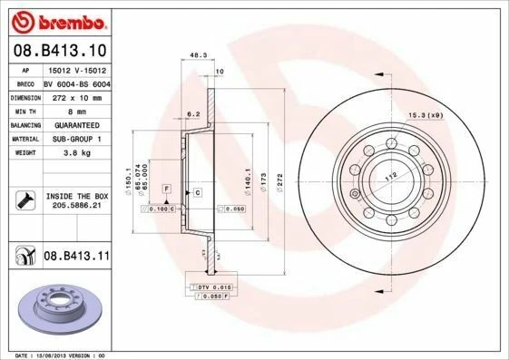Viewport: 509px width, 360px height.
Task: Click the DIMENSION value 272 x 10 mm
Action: [76, 95]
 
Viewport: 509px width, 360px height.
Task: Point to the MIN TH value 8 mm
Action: [76, 109]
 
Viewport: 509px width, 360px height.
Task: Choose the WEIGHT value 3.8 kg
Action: [76, 154]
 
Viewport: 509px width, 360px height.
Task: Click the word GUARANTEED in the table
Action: [76, 124]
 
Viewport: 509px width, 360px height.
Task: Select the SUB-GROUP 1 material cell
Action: [76, 139]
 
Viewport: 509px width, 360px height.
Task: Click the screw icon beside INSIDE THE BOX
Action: [26, 200]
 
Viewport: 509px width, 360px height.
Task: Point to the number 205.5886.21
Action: [76, 207]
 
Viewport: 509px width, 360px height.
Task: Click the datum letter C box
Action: [196, 193]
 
